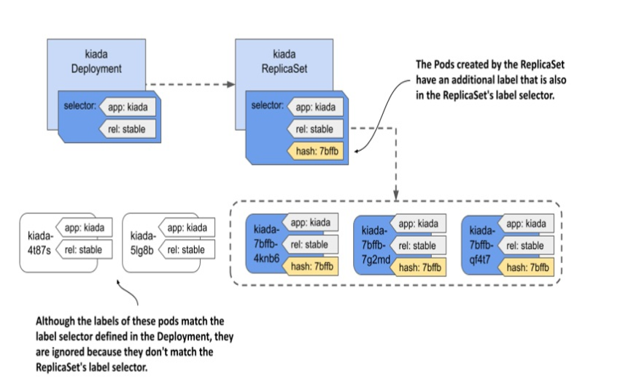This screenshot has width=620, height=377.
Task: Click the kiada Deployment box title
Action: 96,61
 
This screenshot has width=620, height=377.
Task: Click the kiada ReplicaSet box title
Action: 284,61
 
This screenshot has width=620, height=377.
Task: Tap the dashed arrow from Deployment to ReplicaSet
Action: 190,84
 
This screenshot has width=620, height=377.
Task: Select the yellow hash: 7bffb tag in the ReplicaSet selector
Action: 315,151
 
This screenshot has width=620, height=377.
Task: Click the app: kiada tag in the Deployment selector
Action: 127,107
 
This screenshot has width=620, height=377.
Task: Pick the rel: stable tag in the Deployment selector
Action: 127,129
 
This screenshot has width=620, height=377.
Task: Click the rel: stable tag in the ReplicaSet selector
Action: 315,129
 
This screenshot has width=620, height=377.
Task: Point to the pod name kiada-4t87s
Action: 40,243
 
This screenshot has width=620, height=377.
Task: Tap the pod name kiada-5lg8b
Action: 143,243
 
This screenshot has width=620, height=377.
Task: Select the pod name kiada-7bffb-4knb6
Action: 266,244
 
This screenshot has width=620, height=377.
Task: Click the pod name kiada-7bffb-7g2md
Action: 375,245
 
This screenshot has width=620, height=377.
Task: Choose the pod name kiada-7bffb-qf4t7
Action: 481,245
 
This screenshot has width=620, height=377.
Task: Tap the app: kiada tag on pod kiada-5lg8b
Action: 187,228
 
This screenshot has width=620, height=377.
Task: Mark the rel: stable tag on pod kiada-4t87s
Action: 84,250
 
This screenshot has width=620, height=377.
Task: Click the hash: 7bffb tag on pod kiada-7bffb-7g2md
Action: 418,267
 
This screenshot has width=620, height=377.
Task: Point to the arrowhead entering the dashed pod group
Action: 396,195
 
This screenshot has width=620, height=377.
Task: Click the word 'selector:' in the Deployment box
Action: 80,106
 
